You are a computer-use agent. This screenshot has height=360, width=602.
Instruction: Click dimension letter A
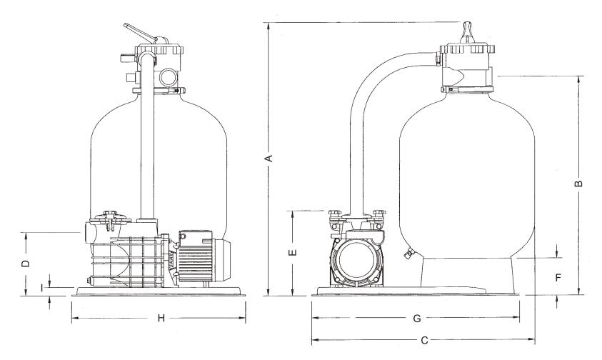269,158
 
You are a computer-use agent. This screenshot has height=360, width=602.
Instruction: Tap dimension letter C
423,341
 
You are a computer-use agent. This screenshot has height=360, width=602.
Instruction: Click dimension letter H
161,319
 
